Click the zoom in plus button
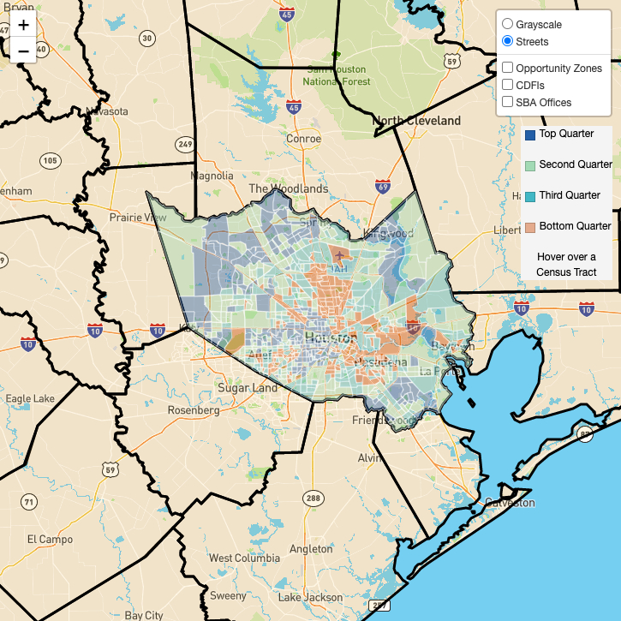23,25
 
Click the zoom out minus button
23,51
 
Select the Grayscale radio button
508,24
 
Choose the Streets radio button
508,41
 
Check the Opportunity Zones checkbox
508,68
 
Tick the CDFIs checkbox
508,85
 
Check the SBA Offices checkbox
508,102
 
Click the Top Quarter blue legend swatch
530,134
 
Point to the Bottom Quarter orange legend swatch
530,227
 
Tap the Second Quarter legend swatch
530,165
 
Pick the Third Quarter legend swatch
530,196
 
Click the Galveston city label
509,503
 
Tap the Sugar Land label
247,388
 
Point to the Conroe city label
303,139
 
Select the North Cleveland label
417,121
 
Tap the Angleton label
310,549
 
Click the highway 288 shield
313,498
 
